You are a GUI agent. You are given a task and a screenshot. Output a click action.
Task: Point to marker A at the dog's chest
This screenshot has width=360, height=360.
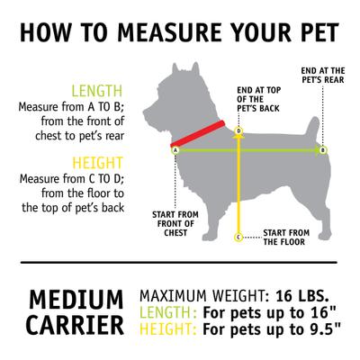175,151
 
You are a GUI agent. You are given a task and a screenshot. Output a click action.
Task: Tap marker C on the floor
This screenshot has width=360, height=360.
238,238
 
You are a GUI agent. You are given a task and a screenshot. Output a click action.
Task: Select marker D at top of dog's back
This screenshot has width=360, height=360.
238,131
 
